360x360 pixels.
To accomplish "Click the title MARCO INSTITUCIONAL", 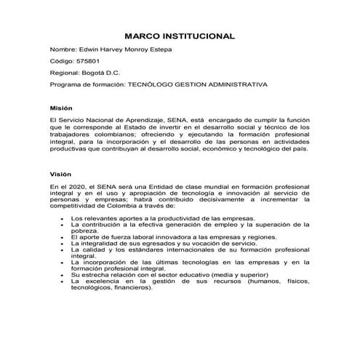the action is coord(179,35).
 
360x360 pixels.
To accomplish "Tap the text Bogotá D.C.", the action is coord(109,73).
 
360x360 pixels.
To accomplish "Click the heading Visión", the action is coord(61,175).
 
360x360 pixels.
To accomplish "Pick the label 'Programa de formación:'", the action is coord(87,84).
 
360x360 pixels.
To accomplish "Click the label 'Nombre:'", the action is coord(63,49).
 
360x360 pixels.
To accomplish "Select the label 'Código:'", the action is coord(63,61).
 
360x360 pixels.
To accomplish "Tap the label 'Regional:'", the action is coord(67,73).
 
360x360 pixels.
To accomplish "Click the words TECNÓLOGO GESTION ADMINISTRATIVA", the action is coord(197,84).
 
